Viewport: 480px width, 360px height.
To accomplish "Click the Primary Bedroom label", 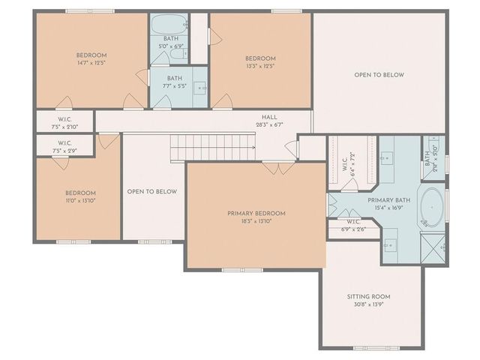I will tap(256, 213).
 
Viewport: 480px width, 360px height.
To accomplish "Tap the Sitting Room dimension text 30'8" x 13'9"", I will tap(371, 305).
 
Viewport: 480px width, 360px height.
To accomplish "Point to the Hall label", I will tap(269, 117).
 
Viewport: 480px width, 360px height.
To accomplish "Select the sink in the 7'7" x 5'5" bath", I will tap(200, 88).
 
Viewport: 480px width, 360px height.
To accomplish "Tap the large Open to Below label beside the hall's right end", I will tap(379, 75).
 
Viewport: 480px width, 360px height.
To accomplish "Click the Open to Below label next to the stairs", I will tap(152, 191).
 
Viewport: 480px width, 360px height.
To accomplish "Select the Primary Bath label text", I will tap(388, 200).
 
